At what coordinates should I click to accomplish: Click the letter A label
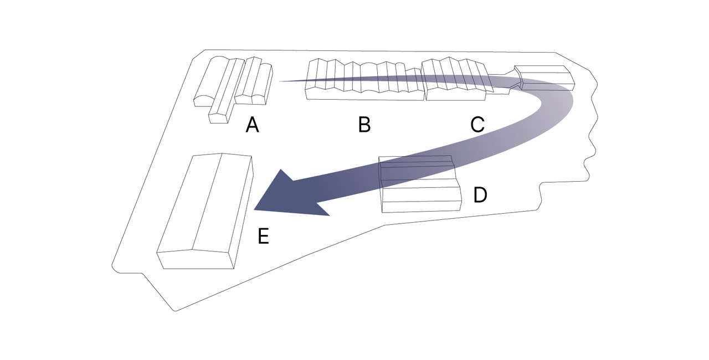click(252, 126)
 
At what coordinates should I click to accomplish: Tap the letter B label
click(364, 125)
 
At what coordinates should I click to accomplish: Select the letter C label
click(477, 125)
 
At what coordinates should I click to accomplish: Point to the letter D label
click(480, 195)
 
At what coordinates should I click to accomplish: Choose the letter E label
click(264, 236)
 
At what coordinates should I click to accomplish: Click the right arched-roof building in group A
click(256, 83)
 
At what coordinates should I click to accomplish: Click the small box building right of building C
click(546, 78)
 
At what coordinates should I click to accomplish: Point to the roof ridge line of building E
click(207, 202)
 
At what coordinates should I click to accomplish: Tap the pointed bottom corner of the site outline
click(176, 310)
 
